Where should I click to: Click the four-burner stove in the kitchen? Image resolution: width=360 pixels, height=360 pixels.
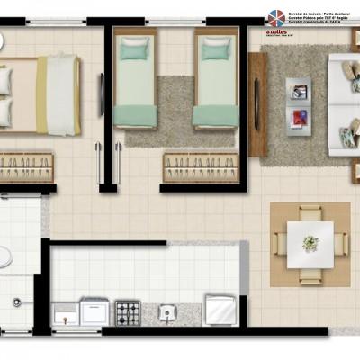128,312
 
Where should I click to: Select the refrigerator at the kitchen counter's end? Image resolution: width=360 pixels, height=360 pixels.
220,310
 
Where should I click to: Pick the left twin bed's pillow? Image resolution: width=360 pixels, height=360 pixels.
135,49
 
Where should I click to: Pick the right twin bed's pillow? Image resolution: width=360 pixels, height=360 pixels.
215,49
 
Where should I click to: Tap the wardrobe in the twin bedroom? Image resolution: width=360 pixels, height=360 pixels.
200,166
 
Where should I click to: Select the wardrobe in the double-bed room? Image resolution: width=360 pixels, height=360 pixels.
26,166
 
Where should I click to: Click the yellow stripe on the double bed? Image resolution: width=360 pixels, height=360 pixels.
41,94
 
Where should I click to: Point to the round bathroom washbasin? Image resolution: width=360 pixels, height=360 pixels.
4,256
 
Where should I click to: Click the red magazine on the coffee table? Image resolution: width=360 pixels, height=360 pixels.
298,117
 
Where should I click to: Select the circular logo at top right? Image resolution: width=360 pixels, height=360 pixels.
275,18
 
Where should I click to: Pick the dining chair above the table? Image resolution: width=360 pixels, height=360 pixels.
310,211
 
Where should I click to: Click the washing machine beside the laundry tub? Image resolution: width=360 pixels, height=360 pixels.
94,312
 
